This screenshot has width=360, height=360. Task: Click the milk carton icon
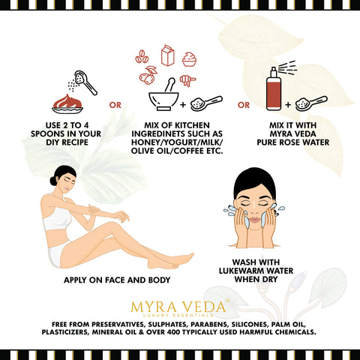click(167, 55)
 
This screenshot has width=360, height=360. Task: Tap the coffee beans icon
click(142, 56)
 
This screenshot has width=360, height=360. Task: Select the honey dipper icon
click(187, 80)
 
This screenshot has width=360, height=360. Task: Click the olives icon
click(148, 75)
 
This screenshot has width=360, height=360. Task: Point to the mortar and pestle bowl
click(163, 100)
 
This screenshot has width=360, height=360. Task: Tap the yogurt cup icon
click(189, 59)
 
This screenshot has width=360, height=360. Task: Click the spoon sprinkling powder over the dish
click(85, 82)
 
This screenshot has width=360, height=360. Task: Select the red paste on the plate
click(67, 101)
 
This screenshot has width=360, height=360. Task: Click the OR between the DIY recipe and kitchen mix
click(115, 105)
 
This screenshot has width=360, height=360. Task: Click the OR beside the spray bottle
click(244, 105)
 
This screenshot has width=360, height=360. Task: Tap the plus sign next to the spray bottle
click(288, 104)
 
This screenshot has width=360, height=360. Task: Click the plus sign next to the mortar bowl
click(183, 104)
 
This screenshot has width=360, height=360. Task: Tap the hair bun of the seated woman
click(53, 181)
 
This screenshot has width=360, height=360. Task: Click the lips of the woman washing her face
click(255, 220)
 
